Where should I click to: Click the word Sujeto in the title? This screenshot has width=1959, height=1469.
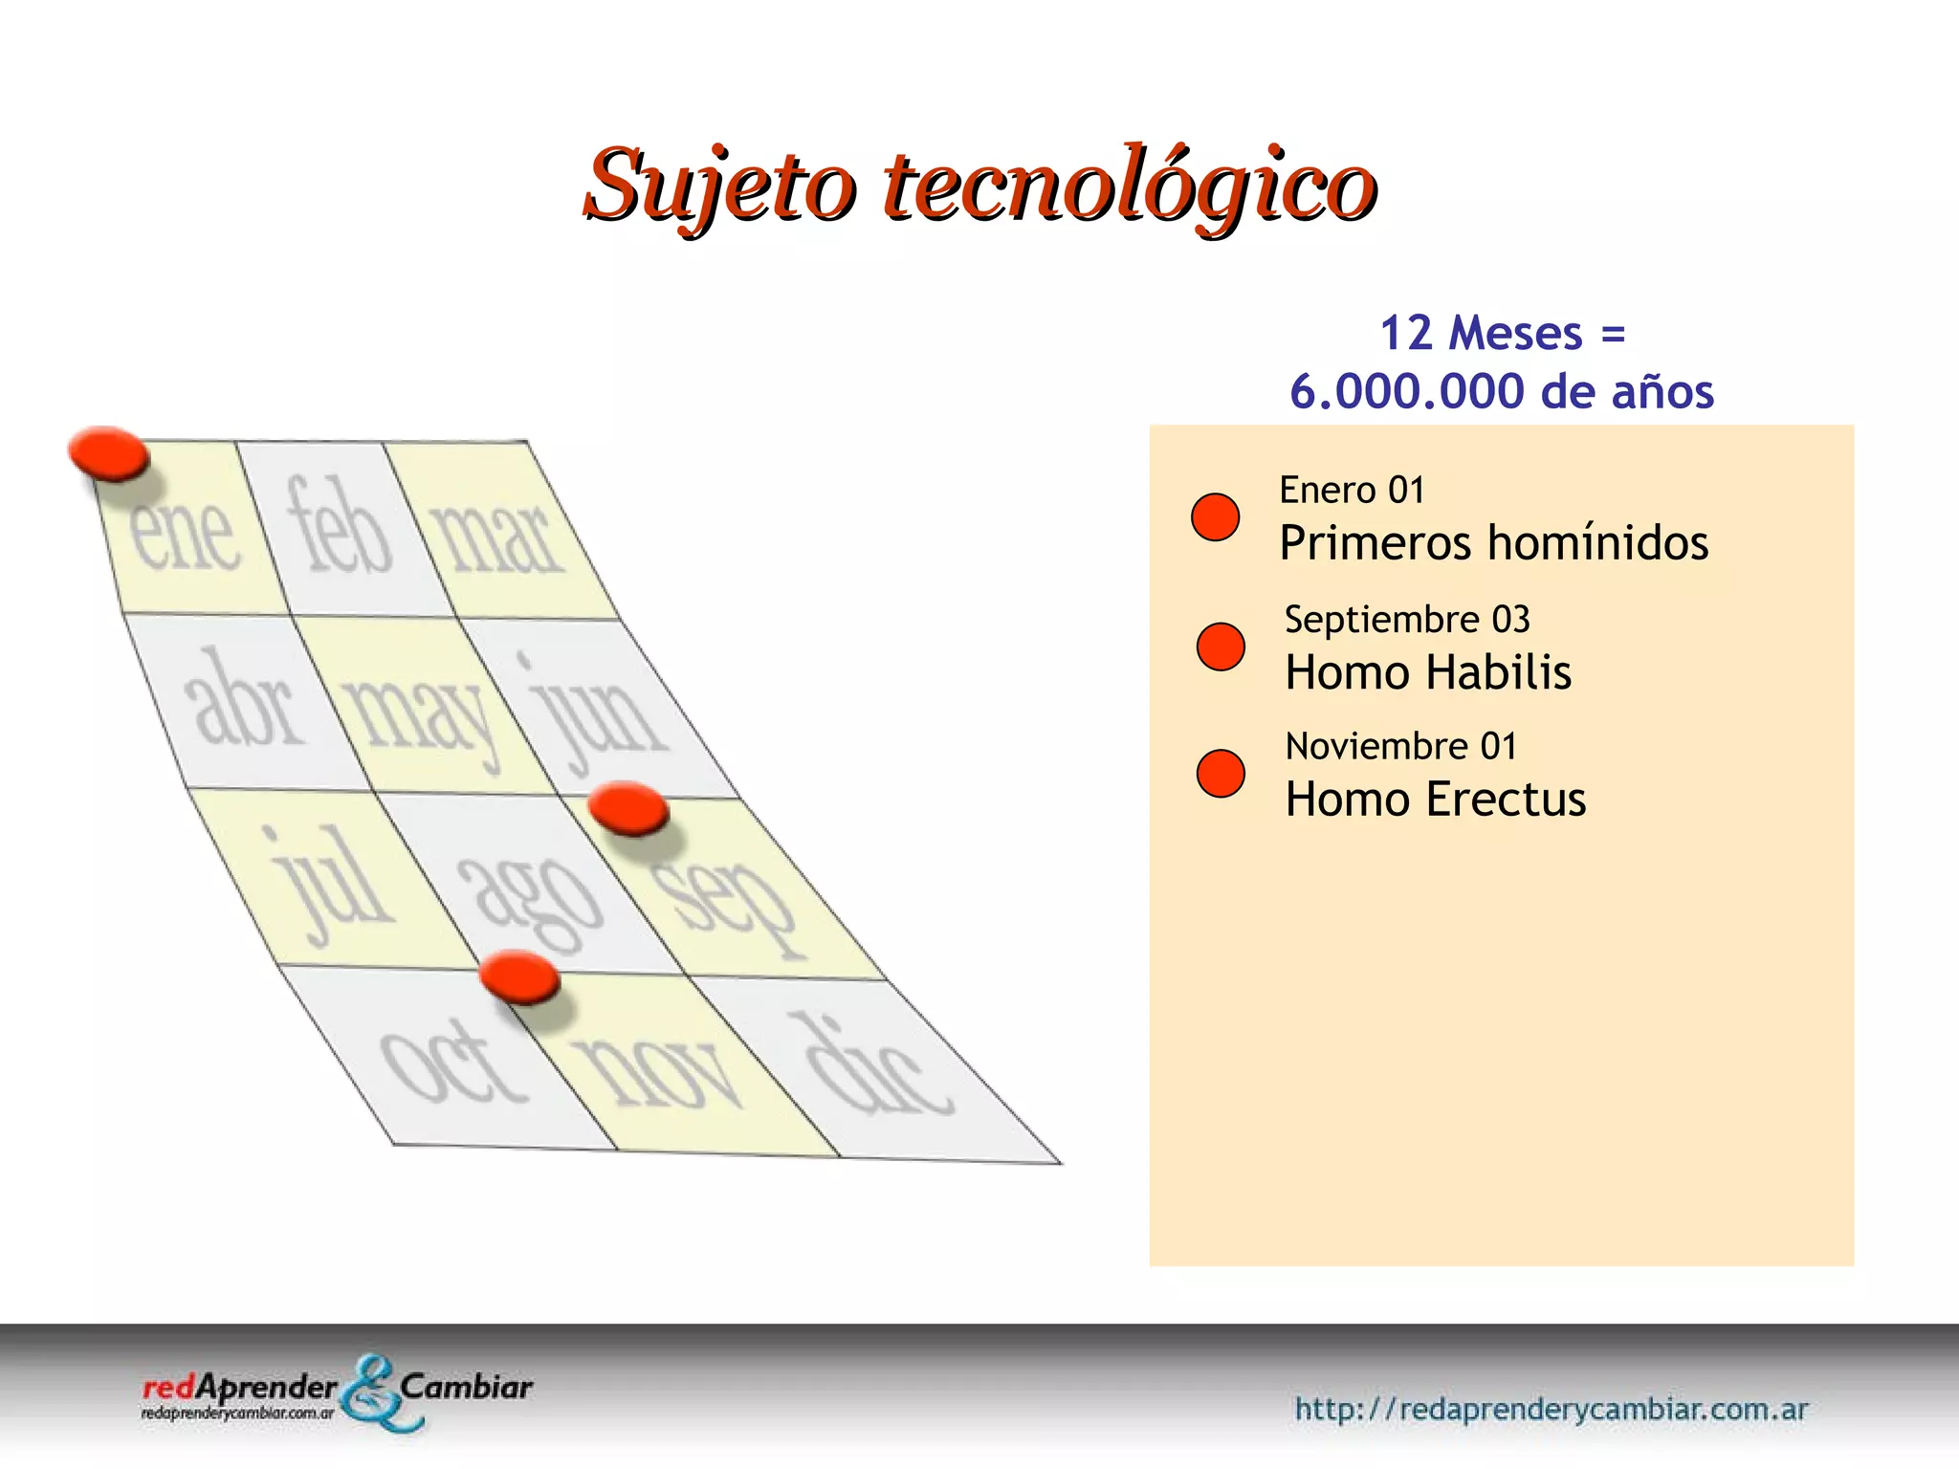point(719,186)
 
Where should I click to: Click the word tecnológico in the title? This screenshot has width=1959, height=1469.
point(1129,186)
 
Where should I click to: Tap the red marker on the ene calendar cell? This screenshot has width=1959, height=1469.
point(108,452)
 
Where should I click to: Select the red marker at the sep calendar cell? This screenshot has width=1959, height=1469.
point(628,808)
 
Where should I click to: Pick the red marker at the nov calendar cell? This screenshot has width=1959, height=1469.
point(519,976)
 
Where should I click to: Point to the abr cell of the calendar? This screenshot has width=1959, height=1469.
point(244,701)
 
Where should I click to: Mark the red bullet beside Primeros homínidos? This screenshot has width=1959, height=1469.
point(1215,517)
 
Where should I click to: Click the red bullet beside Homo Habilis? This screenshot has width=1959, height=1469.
point(1221,647)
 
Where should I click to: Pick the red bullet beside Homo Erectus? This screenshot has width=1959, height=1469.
point(1221,773)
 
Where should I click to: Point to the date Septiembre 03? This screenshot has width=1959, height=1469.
point(1407,620)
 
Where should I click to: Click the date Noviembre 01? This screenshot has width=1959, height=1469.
point(1401,746)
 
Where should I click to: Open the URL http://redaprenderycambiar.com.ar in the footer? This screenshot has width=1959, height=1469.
point(1551,1409)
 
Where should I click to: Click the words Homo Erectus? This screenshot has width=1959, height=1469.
point(1435,800)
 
